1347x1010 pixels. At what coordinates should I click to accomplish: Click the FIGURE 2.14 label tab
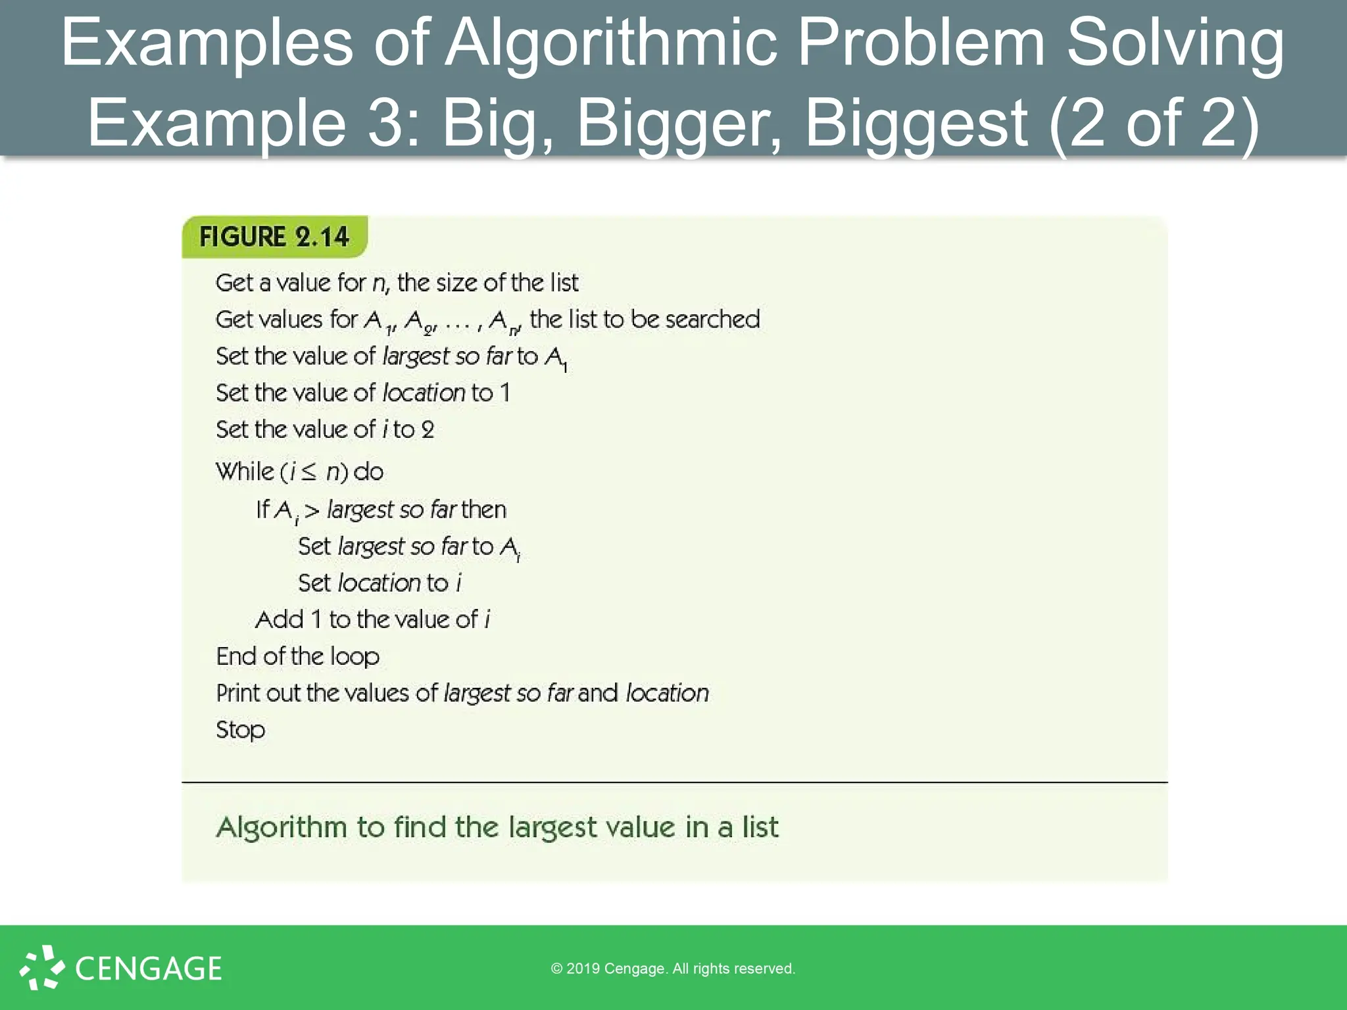[274, 237]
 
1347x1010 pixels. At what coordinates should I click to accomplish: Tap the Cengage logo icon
[42, 967]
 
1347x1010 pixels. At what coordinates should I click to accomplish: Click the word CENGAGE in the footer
[149, 969]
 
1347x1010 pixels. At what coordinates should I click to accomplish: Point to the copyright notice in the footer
[673, 969]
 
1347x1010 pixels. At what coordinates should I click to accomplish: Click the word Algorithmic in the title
[611, 43]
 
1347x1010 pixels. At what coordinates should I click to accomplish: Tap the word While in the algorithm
[245, 471]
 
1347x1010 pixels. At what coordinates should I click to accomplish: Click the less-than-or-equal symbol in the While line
[308, 472]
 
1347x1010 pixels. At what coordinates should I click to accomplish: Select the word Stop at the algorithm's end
[241, 730]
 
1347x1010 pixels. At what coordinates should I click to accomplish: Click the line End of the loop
[297, 656]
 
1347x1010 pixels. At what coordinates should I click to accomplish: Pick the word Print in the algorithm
[238, 693]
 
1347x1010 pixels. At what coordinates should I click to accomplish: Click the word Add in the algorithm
[280, 619]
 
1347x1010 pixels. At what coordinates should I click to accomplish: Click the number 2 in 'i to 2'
[428, 430]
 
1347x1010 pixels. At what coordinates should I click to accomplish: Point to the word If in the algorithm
[262, 509]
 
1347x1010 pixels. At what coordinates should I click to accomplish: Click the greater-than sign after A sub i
[312, 510]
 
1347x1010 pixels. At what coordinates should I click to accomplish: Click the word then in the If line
[484, 510]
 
